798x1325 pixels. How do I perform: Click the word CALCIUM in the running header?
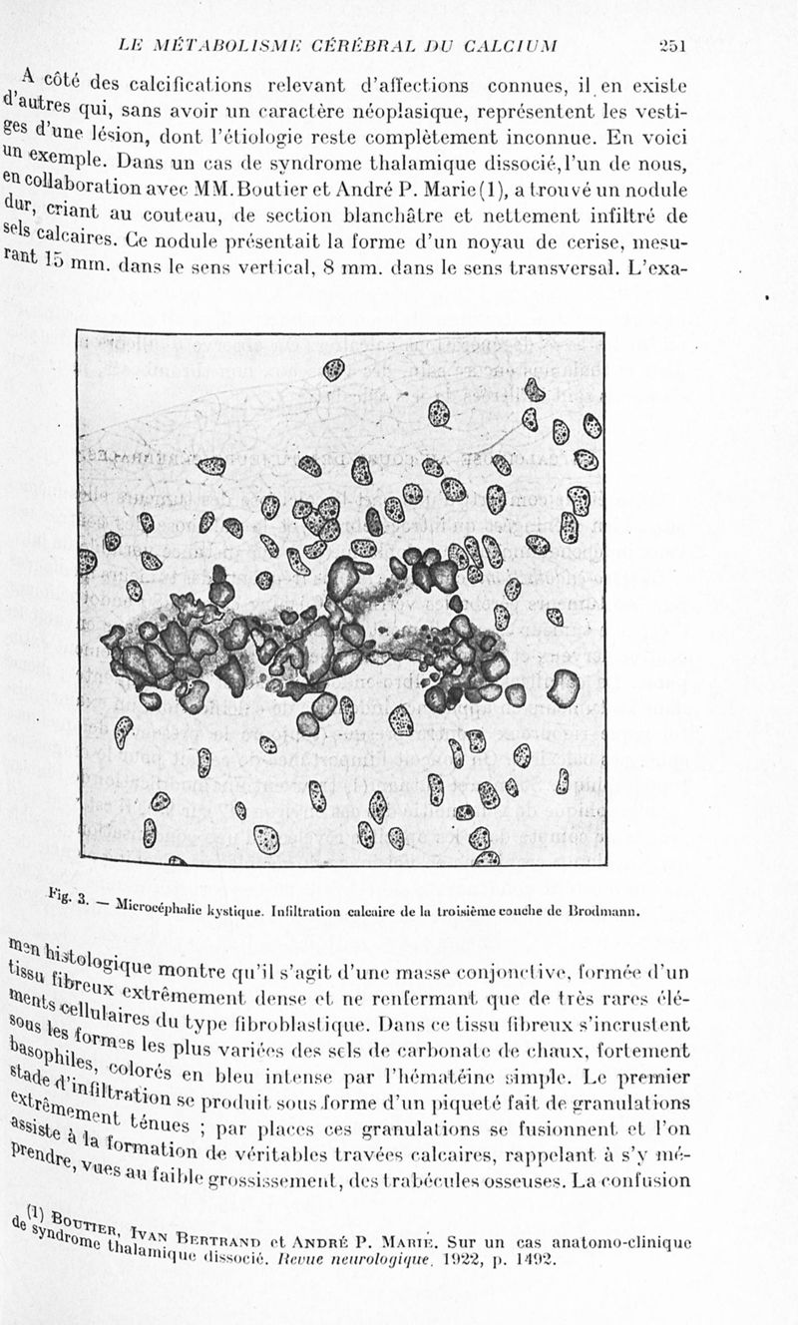[x=515, y=46]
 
